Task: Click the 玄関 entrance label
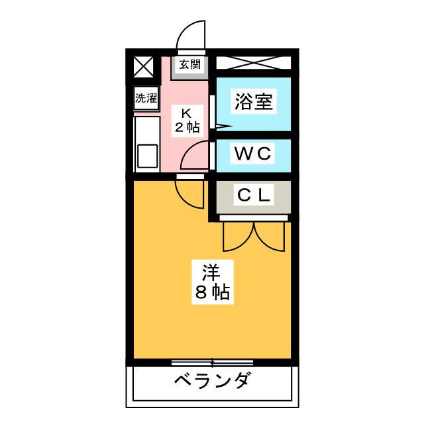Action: click(189, 64)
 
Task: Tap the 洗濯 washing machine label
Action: click(146, 99)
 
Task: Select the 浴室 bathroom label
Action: click(252, 102)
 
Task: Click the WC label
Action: click(252, 154)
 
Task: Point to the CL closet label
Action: click(253, 195)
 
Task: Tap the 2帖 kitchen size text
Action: click(187, 127)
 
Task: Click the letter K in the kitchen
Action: click(187, 112)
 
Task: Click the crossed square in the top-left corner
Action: click(142, 66)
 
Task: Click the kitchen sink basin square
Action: click(146, 157)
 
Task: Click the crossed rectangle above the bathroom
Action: click(252, 65)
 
